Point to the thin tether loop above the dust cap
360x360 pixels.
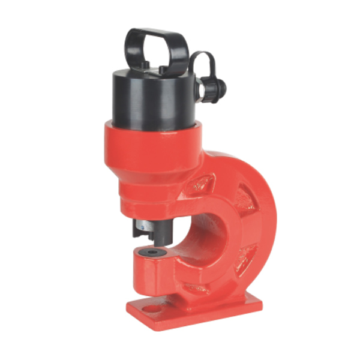tap(201, 60)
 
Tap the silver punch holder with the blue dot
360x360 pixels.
tap(146, 226)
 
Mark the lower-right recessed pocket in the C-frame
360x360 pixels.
tap(246, 255)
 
